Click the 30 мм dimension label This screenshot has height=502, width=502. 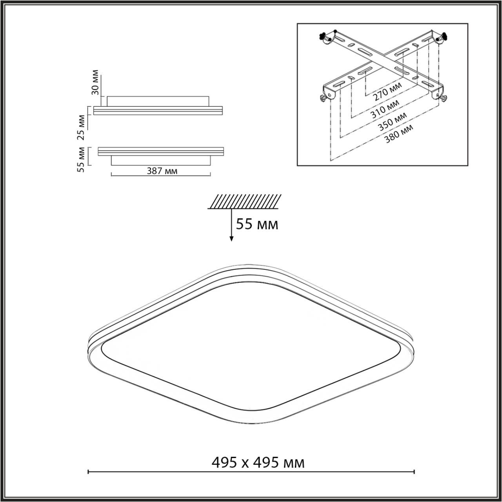[95, 83]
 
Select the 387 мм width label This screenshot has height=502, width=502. [162, 171]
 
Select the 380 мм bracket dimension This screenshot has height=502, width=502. [399, 134]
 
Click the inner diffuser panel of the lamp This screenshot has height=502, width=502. [251, 345]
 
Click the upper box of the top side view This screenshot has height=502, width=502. [158, 101]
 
